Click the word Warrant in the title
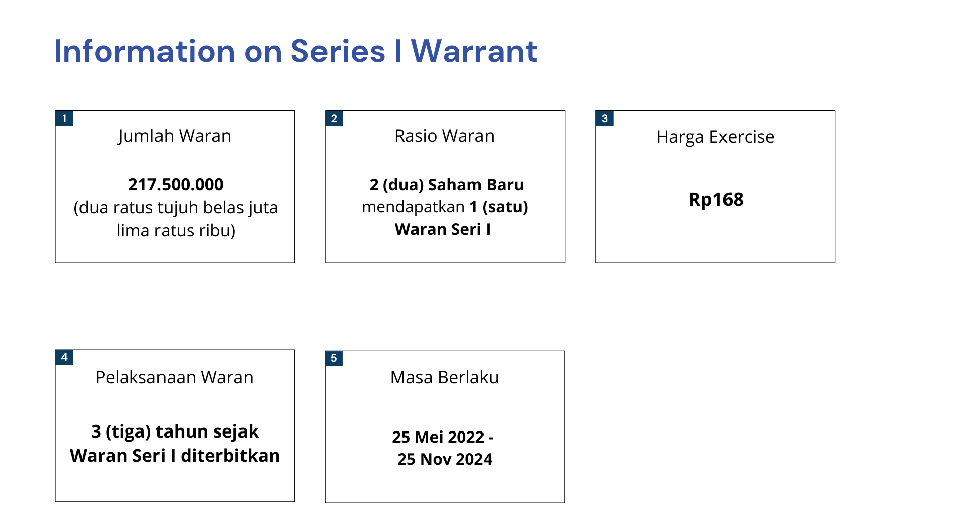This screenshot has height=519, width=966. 474,51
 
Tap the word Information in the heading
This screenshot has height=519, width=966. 145,51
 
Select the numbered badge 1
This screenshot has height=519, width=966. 64,118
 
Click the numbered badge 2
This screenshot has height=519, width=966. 334,118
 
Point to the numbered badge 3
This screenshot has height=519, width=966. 604,118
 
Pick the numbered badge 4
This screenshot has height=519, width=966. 64,357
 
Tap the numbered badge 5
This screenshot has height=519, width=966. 334,358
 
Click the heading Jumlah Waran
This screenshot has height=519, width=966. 175,136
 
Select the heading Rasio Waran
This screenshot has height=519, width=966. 444,136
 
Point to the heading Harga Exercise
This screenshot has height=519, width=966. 715,137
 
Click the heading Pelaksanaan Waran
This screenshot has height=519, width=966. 174,377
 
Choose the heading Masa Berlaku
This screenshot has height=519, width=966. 444,377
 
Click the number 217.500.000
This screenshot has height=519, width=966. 176,185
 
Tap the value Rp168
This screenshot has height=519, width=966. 716,200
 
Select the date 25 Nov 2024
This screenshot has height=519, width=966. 445,459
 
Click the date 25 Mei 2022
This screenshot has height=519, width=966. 438,437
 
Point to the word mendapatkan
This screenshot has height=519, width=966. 413,207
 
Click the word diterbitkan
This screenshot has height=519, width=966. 230,456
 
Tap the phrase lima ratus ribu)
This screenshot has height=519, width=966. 176,231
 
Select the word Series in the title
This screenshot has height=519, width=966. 338,51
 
